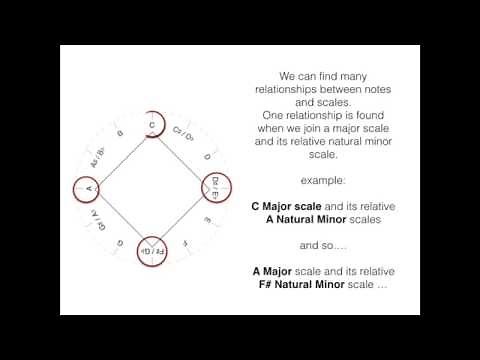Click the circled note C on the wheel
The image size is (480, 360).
152,126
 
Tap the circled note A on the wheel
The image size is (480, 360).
89,188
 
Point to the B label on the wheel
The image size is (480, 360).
120,134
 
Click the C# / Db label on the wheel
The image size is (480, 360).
184,135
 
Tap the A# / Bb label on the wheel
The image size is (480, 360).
98,154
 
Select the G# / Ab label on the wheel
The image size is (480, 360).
98,220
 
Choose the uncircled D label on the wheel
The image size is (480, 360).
207,156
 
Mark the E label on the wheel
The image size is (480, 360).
207,219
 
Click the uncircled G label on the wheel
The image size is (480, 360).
120,242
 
